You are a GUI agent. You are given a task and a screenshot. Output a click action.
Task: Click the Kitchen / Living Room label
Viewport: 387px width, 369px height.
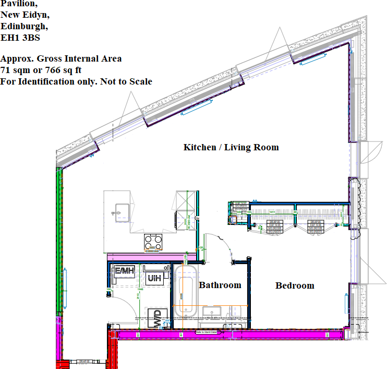tap(231, 147)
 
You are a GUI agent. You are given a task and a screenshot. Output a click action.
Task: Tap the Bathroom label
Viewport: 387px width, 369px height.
tap(220, 285)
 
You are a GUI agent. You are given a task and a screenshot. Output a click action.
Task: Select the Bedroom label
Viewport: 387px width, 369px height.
tap(295, 285)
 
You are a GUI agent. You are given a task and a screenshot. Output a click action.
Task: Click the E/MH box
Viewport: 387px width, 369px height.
tap(125, 271)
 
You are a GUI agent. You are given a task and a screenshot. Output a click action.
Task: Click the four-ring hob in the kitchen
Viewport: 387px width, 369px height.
tap(154, 241)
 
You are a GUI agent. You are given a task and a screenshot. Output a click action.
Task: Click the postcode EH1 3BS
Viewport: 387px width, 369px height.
tap(20, 38)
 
